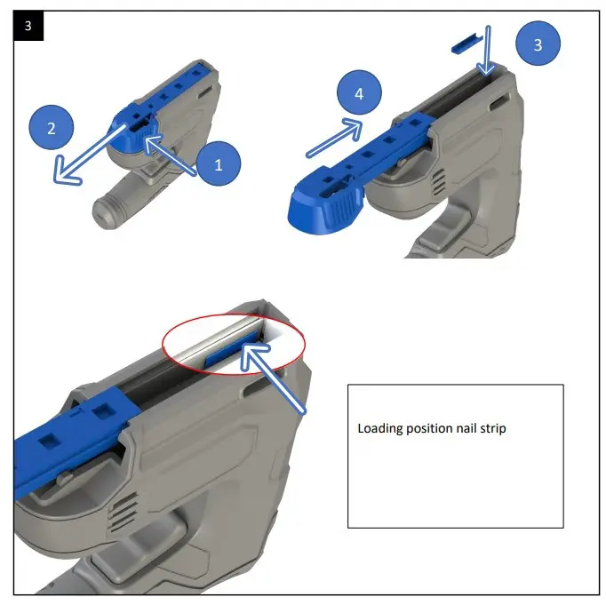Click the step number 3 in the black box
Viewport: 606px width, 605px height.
(x=28, y=27)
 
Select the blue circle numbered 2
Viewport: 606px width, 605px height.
(x=52, y=128)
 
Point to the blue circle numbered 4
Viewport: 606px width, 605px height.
(x=359, y=92)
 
